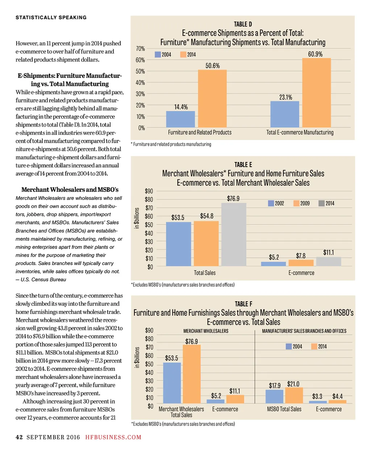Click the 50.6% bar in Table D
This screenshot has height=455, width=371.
tap(212, 98)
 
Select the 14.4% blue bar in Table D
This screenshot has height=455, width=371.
tap(180, 119)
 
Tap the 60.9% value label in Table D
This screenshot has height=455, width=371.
tap(315, 54)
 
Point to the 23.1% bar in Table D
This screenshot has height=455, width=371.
tap(285, 114)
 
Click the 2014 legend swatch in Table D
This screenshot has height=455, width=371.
tap(183, 54)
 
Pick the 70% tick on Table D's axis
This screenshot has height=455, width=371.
tap(140, 49)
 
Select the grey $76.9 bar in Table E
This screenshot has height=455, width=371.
tap(234, 235)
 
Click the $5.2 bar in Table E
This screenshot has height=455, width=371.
tap(274, 264)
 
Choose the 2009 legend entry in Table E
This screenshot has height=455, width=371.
tap(301, 203)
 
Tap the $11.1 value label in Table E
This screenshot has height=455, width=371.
tap(328, 252)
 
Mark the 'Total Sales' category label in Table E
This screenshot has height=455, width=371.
tap(205, 273)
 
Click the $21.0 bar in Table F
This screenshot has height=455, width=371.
tap(294, 396)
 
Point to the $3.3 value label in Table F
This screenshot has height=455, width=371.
tap(317, 396)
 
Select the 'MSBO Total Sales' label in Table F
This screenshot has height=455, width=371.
tap(284, 409)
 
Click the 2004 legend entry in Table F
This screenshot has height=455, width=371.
tap(294, 347)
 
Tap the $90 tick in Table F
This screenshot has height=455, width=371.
tap(149, 330)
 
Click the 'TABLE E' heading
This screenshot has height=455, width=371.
tap(243, 165)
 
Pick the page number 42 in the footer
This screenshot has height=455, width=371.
tap(19, 437)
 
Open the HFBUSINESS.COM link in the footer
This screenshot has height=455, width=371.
tap(113, 437)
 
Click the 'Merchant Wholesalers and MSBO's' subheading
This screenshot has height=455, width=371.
tap(70, 190)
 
